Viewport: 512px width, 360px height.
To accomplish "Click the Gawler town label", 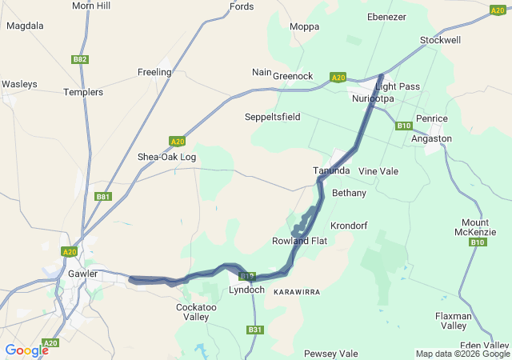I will tap(82, 274).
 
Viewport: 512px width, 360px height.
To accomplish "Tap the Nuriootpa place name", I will tap(374, 98).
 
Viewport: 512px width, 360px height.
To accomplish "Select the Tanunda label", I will tap(331, 171).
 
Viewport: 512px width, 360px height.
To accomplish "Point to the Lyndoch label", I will tap(246, 290).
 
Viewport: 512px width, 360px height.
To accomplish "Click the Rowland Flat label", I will tap(300, 241).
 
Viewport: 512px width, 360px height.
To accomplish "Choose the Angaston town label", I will tap(431, 138).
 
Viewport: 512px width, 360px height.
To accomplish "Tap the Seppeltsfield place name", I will tap(272, 117).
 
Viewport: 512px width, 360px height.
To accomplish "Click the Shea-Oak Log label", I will tap(166, 157).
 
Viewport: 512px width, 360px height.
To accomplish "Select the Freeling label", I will tap(154, 72).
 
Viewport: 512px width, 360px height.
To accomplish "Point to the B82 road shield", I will tap(79, 59).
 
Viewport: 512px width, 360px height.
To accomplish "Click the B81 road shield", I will tap(102, 197).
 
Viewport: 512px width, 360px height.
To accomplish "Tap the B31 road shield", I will tap(255, 330).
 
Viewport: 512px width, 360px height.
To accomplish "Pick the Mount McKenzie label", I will tap(481, 227).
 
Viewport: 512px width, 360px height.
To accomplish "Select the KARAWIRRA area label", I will tap(297, 293).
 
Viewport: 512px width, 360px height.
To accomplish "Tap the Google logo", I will tap(26, 350).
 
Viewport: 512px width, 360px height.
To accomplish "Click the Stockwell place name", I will tap(439, 40).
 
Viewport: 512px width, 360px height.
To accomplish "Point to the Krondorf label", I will tap(348, 225).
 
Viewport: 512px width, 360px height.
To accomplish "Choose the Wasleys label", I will tap(19, 83).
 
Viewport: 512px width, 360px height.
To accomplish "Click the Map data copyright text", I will tap(462, 354).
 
